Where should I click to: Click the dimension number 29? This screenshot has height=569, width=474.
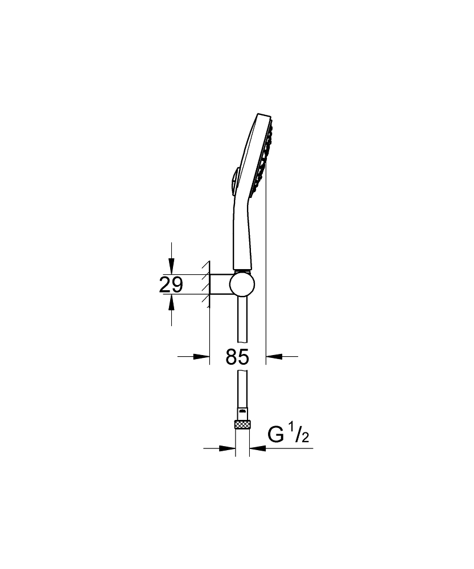pyautogui.click(x=171, y=284)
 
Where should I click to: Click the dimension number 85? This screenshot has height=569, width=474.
pyautogui.click(x=237, y=357)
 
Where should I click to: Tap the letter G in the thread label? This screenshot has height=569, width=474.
pyautogui.click(x=275, y=435)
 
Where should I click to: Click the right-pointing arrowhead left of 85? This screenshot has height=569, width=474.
pyautogui.click(x=202, y=357)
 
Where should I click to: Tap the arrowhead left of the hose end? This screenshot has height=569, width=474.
pyautogui.click(x=229, y=448)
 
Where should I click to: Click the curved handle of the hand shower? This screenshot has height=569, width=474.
pyautogui.click(x=240, y=228)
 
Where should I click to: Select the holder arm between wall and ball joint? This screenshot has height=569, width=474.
pyautogui.click(x=221, y=284)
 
